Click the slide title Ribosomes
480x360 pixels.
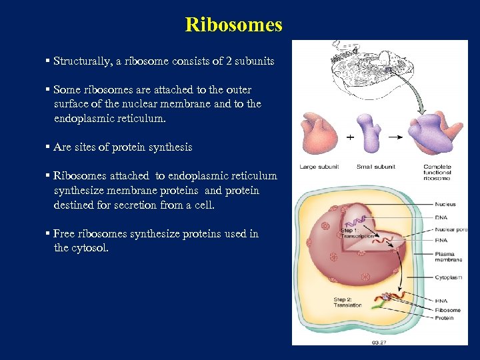[x=234, y=25]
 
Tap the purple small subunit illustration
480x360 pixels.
[x=369, y=132]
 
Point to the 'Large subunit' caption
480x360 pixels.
[x=319, y=167]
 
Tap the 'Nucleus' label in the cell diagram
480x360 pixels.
[x=445, y=205]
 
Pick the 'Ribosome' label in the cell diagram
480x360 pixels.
[x=447, y=310]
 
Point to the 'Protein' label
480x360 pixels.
[x=444, y=318]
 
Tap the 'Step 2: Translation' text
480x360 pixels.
[x=347, y=302]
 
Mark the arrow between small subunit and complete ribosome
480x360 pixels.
[x=395, y=137]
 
